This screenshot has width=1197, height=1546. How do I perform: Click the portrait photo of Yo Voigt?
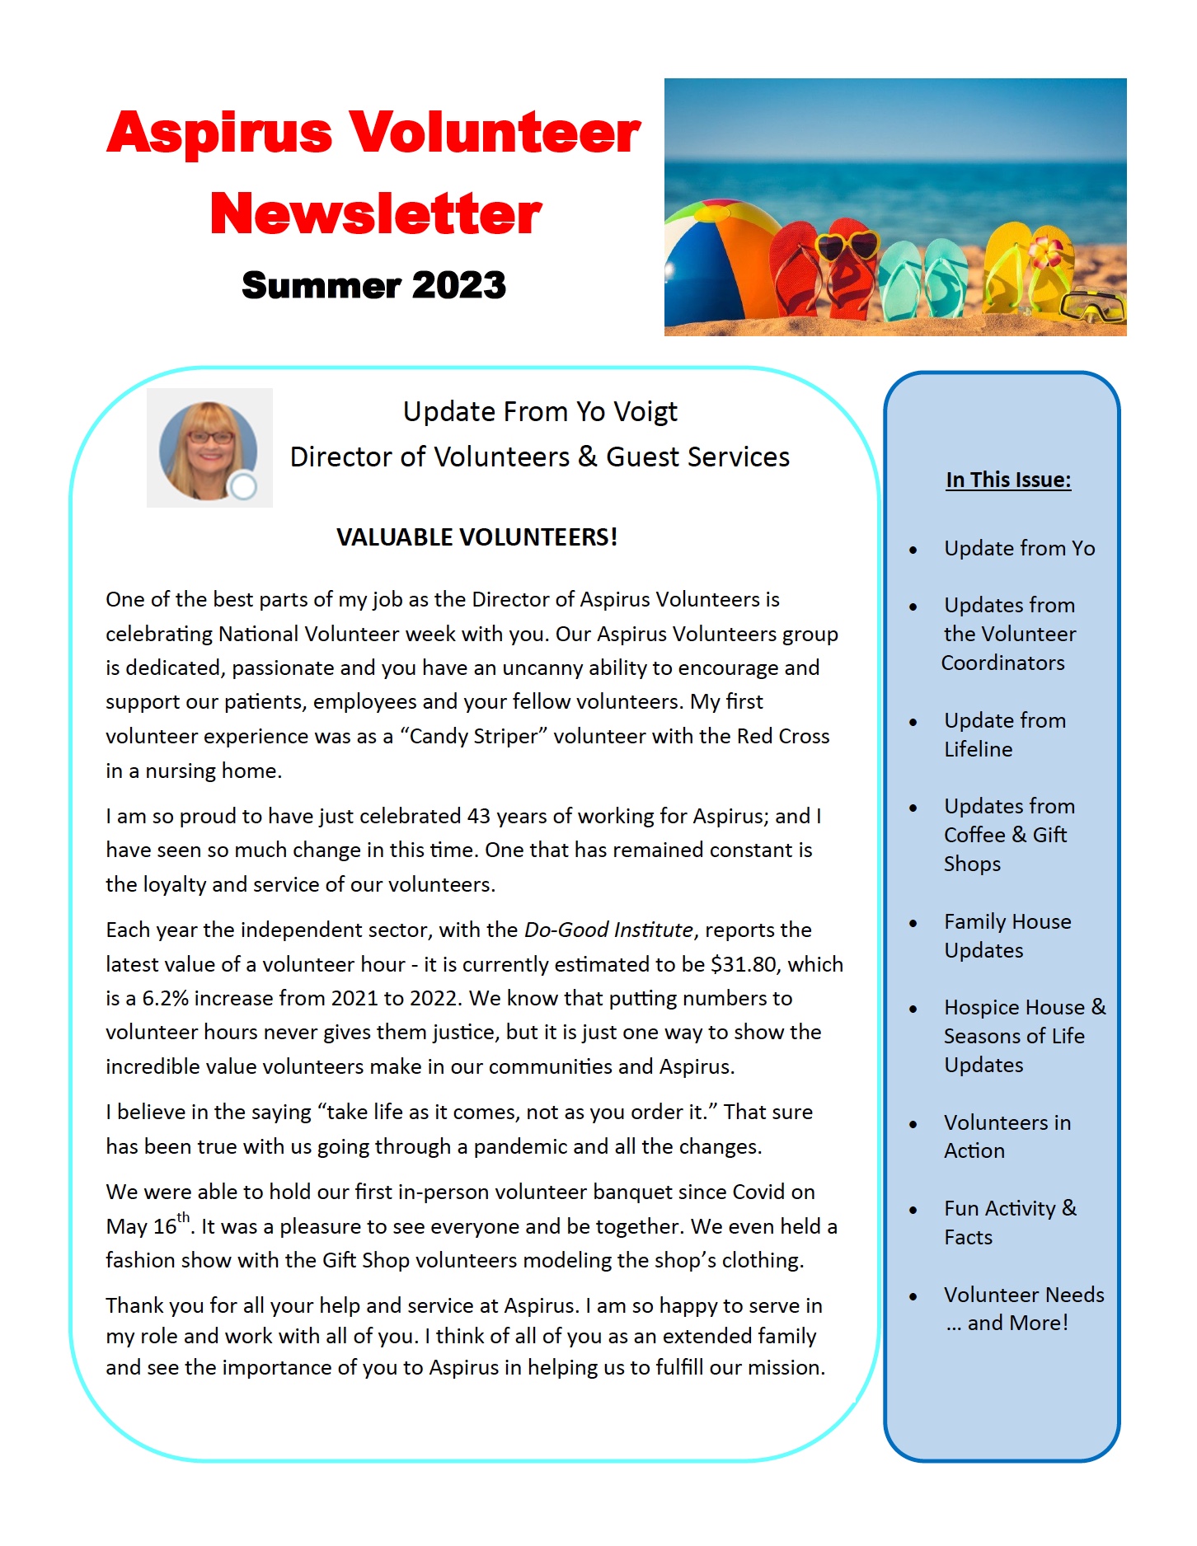[x=209, y=449]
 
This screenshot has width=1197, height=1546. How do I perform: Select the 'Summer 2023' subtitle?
[x=373, y=285]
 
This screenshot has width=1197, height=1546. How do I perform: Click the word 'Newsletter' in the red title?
[x=376, y=213]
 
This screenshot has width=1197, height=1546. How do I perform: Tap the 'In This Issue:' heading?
[x=1008, y=480]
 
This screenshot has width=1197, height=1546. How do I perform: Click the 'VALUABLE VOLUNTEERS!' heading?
[x=476, y=537]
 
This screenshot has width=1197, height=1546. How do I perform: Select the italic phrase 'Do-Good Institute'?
[x=608, y=930]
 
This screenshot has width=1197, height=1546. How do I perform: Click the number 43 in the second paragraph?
[x=479, y=816]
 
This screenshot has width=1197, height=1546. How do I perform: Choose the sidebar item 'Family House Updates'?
[x=1007, y=935]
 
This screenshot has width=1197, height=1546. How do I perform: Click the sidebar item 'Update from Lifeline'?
[x=1004, y=734]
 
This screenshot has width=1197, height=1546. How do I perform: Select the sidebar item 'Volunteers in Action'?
[x=1007, y=1136]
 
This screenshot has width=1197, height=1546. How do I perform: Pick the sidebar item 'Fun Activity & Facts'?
[x=1009, y=1222]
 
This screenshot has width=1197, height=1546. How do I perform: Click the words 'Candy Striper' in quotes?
[x=473, y=736]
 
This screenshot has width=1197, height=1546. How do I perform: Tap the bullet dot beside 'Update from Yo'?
[x=913, y=550]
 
